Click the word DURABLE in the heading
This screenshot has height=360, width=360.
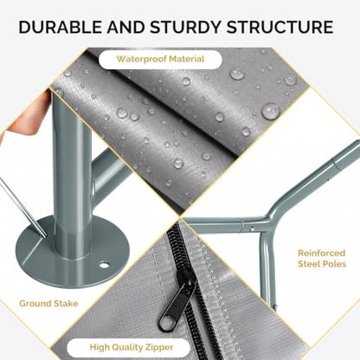click(60, 27)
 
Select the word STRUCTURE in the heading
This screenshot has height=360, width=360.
click(280, 27)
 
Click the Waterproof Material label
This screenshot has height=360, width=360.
click(160, 59)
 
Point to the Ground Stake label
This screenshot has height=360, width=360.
click(48, 304)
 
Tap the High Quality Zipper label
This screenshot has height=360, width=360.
click(132, 347)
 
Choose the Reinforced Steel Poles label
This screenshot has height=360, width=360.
click(322, 259)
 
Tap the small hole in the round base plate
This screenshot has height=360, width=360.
click(104, 264)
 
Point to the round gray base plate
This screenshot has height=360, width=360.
click(72, 252)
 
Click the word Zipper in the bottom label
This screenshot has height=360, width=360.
click(160, 347)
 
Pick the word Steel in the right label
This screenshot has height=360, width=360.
click(310, 264)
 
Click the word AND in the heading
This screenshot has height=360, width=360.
click(125, 27)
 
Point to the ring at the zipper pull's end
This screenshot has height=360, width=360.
click(167, 323)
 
